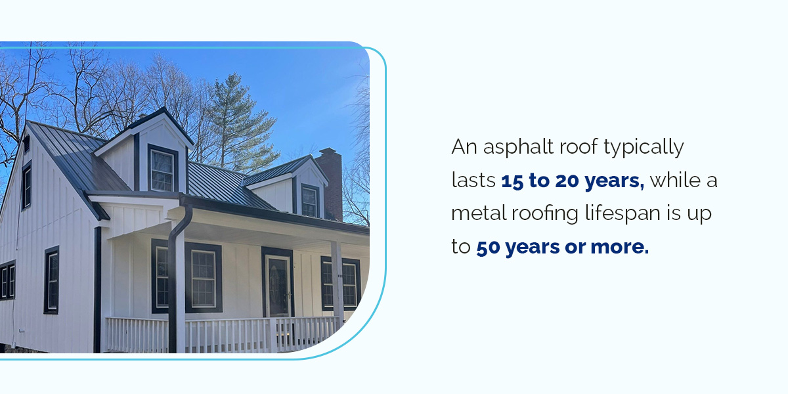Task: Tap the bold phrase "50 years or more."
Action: click(562, 248)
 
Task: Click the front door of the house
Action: click(278, 285)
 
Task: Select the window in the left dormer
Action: click(162, 170)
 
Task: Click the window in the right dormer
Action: click(309, 201)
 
